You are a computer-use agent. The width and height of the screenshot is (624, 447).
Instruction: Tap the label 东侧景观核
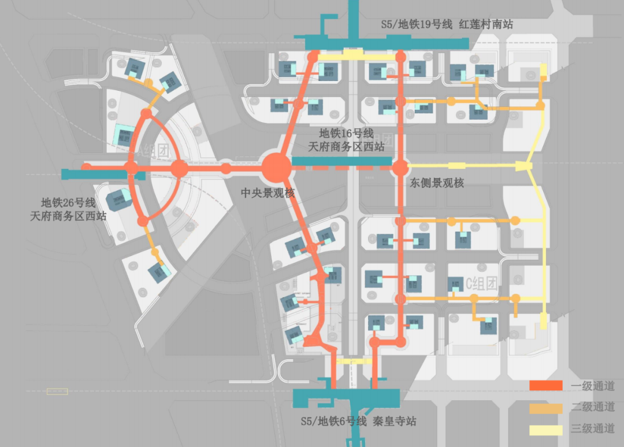click(x=437, y=183)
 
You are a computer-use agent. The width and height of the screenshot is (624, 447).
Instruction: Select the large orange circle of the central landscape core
click(x=276, y=168)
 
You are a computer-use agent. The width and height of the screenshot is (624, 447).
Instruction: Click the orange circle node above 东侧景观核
click(x=400, y=168)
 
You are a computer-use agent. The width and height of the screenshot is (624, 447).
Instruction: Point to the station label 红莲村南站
click(x=486, y=24)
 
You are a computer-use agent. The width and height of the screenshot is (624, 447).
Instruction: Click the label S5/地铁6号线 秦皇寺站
click(x=358, y=421)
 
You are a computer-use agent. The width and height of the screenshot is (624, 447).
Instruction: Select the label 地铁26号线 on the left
click(x=68, y=204)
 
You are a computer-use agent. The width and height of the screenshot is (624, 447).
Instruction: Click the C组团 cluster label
click(x=481, y=283)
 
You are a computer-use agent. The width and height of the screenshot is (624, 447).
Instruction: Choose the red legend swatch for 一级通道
click(x=545, y=386)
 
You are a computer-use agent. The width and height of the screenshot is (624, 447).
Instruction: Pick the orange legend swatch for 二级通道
click(x=545, y=408)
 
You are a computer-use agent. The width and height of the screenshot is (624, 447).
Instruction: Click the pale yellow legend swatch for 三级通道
click(x=545, y=430)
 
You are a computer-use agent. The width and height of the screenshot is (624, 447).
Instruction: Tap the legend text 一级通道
click(x=593, y=386)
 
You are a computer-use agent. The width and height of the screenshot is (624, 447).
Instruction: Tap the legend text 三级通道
click(x=593, y=430)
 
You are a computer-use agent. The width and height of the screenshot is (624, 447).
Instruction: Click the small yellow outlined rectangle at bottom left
click(x=57, y=391)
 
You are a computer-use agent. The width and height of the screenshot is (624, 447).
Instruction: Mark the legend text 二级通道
click(x=593, y=408)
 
